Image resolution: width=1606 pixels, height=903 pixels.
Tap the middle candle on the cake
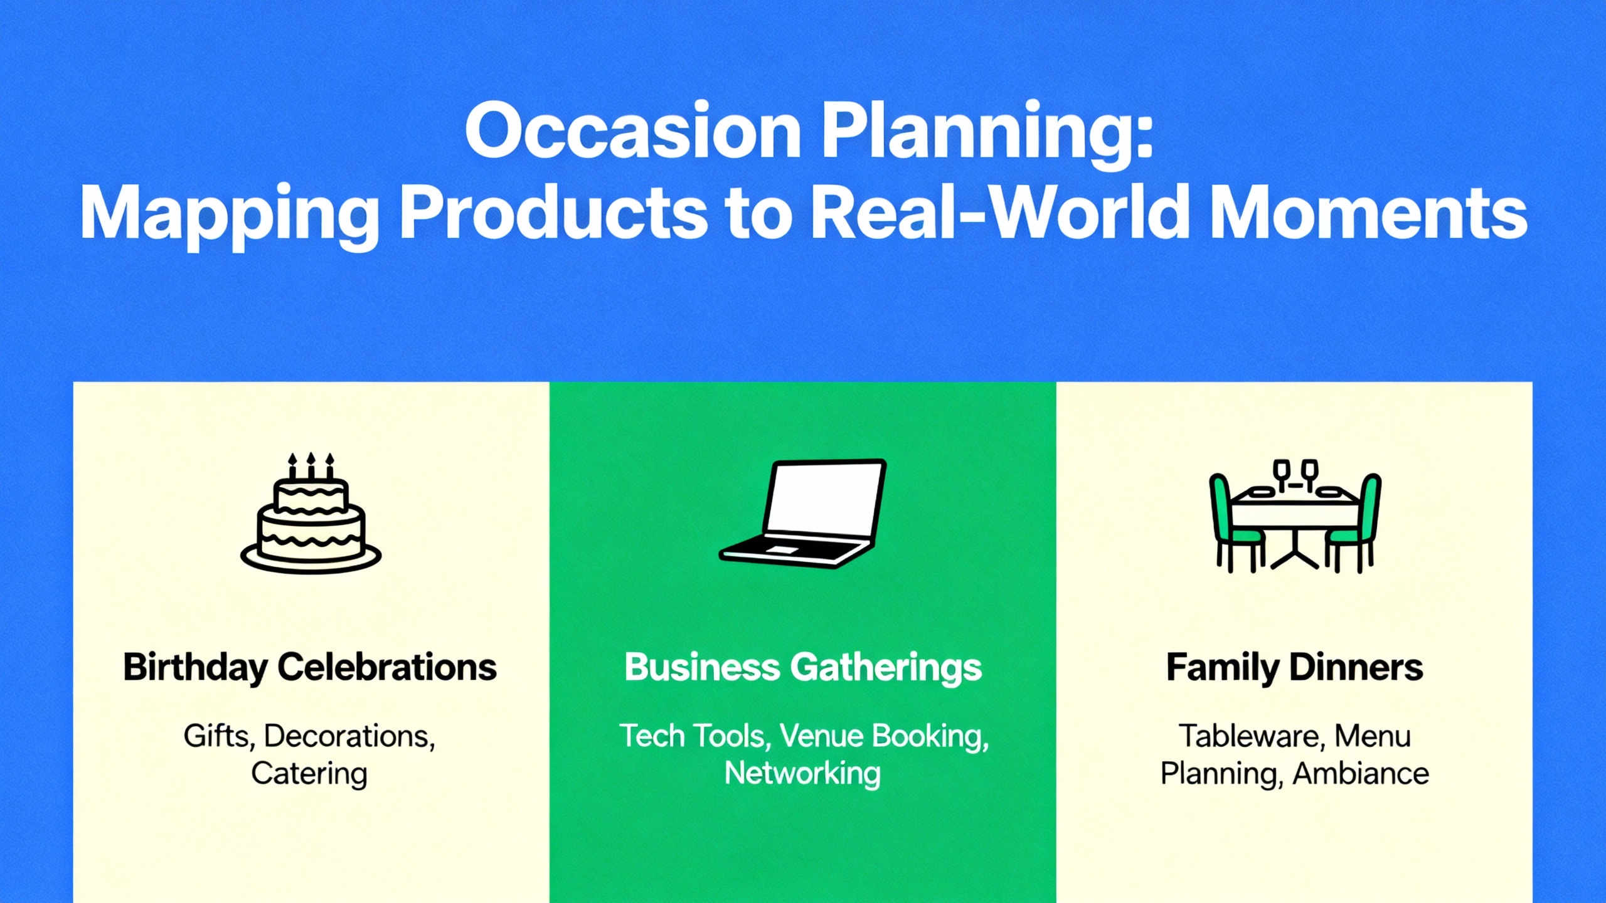click(311, 466)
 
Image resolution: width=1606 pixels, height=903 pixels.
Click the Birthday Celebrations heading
click(310, 667)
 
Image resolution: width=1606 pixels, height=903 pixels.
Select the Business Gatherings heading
click(803, 667)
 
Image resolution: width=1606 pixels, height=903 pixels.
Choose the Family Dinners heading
click(1294, 667)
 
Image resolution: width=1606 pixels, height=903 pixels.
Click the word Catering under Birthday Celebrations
click(309, 773)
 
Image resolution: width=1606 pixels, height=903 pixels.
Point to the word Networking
click(802, 773)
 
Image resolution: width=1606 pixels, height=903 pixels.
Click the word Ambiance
click(1361, 773)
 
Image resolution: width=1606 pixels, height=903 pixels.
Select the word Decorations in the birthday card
click(349, 736)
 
